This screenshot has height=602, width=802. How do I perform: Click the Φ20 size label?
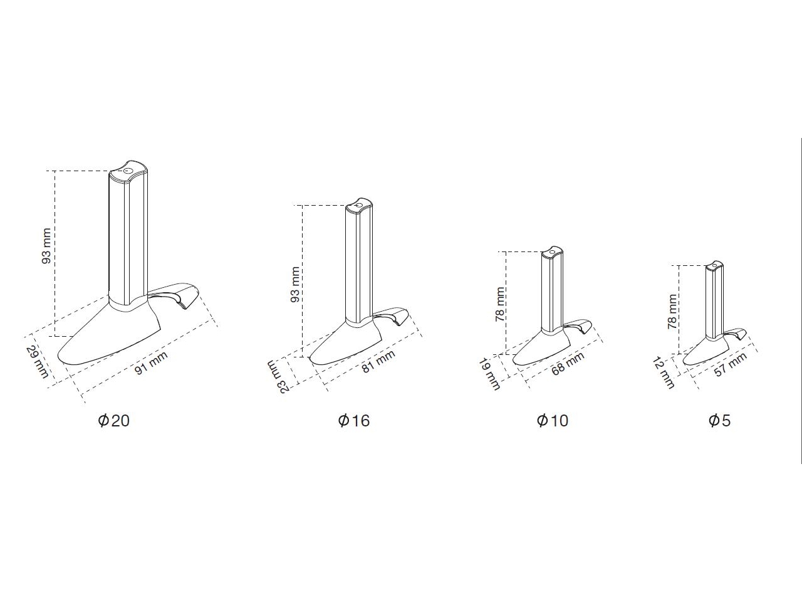pyautogui.click(x=113, y=421)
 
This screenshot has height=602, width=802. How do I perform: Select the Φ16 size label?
pyautogui.click(x=353, y=421)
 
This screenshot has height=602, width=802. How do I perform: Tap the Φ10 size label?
pyautogui.click(x=553, y=421)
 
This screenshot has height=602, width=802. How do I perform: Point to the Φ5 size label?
pyautogui.click(x=719, y=421)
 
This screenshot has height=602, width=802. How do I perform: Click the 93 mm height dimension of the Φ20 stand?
pyautogui.click(x=47, y=246)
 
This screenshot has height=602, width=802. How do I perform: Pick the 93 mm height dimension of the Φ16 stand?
pyautogui.click(x=295, y=284)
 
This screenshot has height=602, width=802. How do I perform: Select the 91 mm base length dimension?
pyautogui.click(x=151, y=362)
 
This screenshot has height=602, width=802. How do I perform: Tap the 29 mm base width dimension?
pyautogui.click(x=37, y=361)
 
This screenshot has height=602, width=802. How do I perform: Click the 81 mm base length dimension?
pyautogui.click(x=379, y=361)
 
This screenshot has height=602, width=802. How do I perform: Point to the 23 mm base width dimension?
pyautogui.click(x=278, y=376)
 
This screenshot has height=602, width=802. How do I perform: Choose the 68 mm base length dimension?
pyautogui.click(x=568, y=363)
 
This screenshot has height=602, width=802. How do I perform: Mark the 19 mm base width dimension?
pyautogui.click(x=489, y=374)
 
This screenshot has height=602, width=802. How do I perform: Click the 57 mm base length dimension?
pyautogui.click(x=731, y=364)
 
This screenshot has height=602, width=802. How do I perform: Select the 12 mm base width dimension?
pyautogui.click(x=664, y=373)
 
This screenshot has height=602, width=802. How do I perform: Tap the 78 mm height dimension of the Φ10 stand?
pyautogui.click(x=500, y=304)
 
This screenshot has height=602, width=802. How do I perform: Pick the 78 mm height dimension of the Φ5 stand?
pyautogui.click(x=672, y=312)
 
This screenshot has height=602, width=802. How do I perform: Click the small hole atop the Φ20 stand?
pyautogui.click(x=128, y=171)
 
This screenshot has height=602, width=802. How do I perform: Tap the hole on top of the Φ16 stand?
pyautogui.click(x=359, y=205)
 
